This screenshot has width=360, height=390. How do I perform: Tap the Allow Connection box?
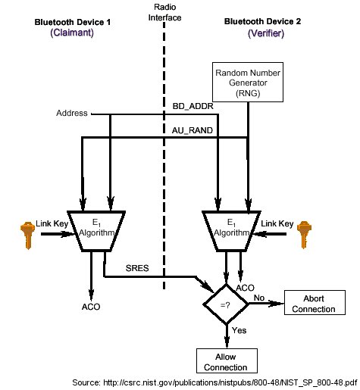(x=225, y=362)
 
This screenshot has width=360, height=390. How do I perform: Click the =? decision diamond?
(x=225, y=304)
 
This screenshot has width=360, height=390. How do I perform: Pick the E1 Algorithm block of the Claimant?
(x=95, y=229)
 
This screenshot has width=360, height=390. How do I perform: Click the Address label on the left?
(x=72, y=114)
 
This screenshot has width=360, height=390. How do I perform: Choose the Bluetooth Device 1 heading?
(x=73, y=23)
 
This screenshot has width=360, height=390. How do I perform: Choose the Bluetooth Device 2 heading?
(x=263, y=23)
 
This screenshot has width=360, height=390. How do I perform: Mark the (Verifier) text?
(x=263, y=34)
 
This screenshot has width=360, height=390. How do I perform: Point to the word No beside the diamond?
(x=259, y=297)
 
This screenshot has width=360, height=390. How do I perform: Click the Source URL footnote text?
(x=214, y=382)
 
